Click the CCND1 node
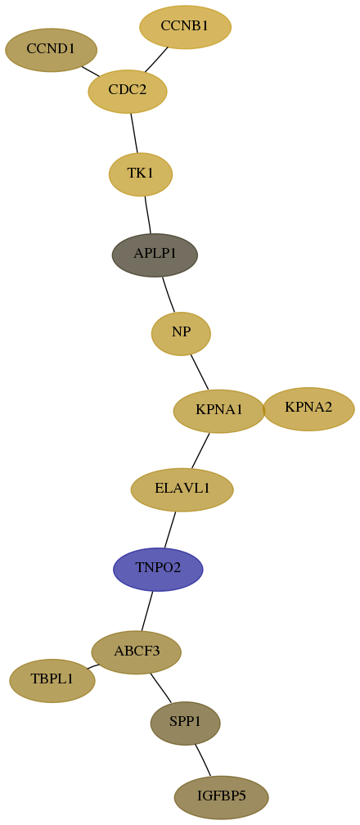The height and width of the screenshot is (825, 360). pos(51,50)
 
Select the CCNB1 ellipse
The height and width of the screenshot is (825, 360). pos(185,27)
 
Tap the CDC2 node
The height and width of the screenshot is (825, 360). pos(128,91)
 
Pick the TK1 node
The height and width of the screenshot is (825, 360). pos(141,174)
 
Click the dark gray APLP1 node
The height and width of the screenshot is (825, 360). pos(155,255)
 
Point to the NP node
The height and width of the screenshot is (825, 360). pos(181,334)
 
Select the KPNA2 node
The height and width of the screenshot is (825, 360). pos(308,409)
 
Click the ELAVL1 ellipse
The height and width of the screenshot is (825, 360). pos(182,489)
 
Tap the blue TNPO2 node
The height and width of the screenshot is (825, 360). pos(158,570)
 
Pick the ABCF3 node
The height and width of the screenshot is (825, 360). pos(137,652)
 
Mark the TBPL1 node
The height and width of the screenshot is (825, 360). pos(52,681)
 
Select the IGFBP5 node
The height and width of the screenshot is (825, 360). pos(222,798)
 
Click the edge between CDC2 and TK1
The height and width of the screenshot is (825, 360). pos(134,133)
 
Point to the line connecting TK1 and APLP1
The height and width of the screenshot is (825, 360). pos(148,214)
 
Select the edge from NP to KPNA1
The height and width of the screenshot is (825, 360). pos(200,372)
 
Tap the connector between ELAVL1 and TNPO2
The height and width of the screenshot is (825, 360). pos(170,530)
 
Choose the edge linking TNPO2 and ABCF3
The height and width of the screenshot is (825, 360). pos(146,611)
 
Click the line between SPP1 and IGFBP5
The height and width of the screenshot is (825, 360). pos(203,760)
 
